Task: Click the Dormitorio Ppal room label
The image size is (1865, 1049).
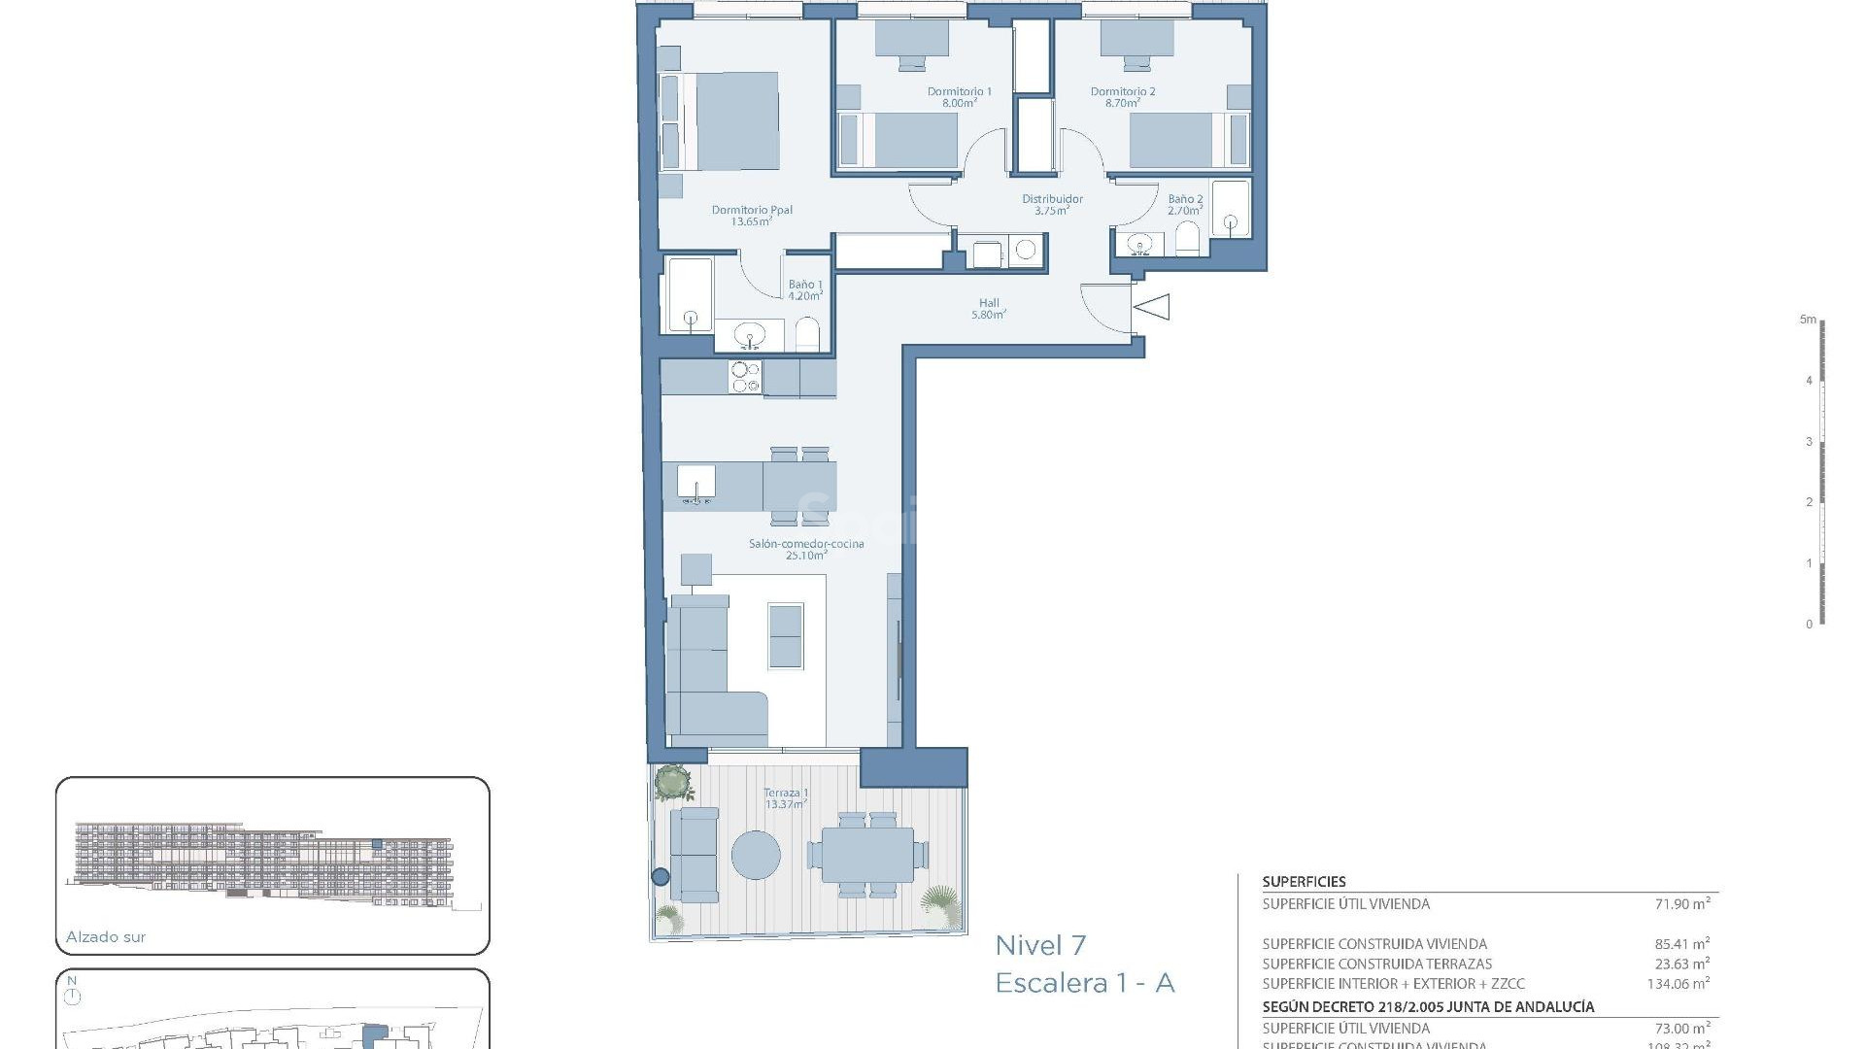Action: click(752, 215)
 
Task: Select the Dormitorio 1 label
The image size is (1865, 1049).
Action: click(959, 96)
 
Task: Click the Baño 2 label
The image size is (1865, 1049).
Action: click(1185, 204)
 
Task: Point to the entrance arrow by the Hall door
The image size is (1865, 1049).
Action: click(1152, 307)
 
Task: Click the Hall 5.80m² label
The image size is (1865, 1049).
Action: click(989, 309)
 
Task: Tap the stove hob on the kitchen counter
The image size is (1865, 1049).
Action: click(745, 377)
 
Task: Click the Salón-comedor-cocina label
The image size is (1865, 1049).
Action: click(805, 549)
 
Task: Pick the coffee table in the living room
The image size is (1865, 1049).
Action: click(785, 636)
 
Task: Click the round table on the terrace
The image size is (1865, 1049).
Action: click(755, 856)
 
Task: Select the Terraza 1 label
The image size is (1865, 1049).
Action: click(786, 798)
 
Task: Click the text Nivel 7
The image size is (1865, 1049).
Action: click(1040, 945)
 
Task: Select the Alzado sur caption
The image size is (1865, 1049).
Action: click(106, 937)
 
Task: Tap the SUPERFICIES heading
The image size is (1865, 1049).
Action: click(1304, 882)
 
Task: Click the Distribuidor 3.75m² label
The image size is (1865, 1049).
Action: click(1051, 204)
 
